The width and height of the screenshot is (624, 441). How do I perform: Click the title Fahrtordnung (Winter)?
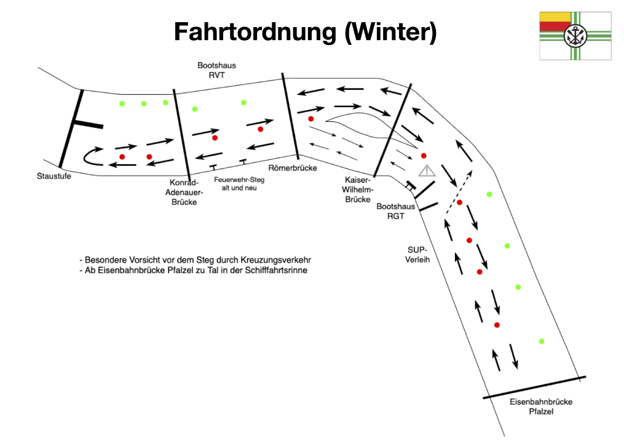pyautogui.click(x=305, y=31)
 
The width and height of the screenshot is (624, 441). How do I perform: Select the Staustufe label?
pyautogui.click(x=54, y=177)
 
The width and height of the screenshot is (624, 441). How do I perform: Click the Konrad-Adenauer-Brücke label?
pyautogui.click(x=184, y=192)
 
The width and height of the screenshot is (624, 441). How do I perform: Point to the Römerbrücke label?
pyautogui.click(x=293, y=167)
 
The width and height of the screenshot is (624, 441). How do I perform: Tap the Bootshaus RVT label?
pyautogui.click(x=216, y=70)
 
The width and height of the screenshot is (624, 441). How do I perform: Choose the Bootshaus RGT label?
pyautogui.click(x=395, y=212)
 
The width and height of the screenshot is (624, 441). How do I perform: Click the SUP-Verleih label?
pyautogui.click(x=418, y=255)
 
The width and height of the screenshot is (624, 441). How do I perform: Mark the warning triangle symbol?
pyautogui.click(x=427, y=170)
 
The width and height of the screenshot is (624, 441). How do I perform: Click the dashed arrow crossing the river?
pyautogui.click(x=459, y=191)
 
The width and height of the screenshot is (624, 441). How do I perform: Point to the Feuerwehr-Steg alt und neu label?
pyautogui.click(x=239, y=183)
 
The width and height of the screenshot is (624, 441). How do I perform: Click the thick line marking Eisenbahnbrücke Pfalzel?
pyautogui.click(x=534, y=387)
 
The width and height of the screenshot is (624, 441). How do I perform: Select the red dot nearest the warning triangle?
pyautogui.click(x=424, y=156)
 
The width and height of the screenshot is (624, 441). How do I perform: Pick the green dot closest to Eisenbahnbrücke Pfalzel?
pyautogui.click(x=542, y=341)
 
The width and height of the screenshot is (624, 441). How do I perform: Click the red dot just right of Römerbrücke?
pyautogui.click(x=311, y=119)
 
